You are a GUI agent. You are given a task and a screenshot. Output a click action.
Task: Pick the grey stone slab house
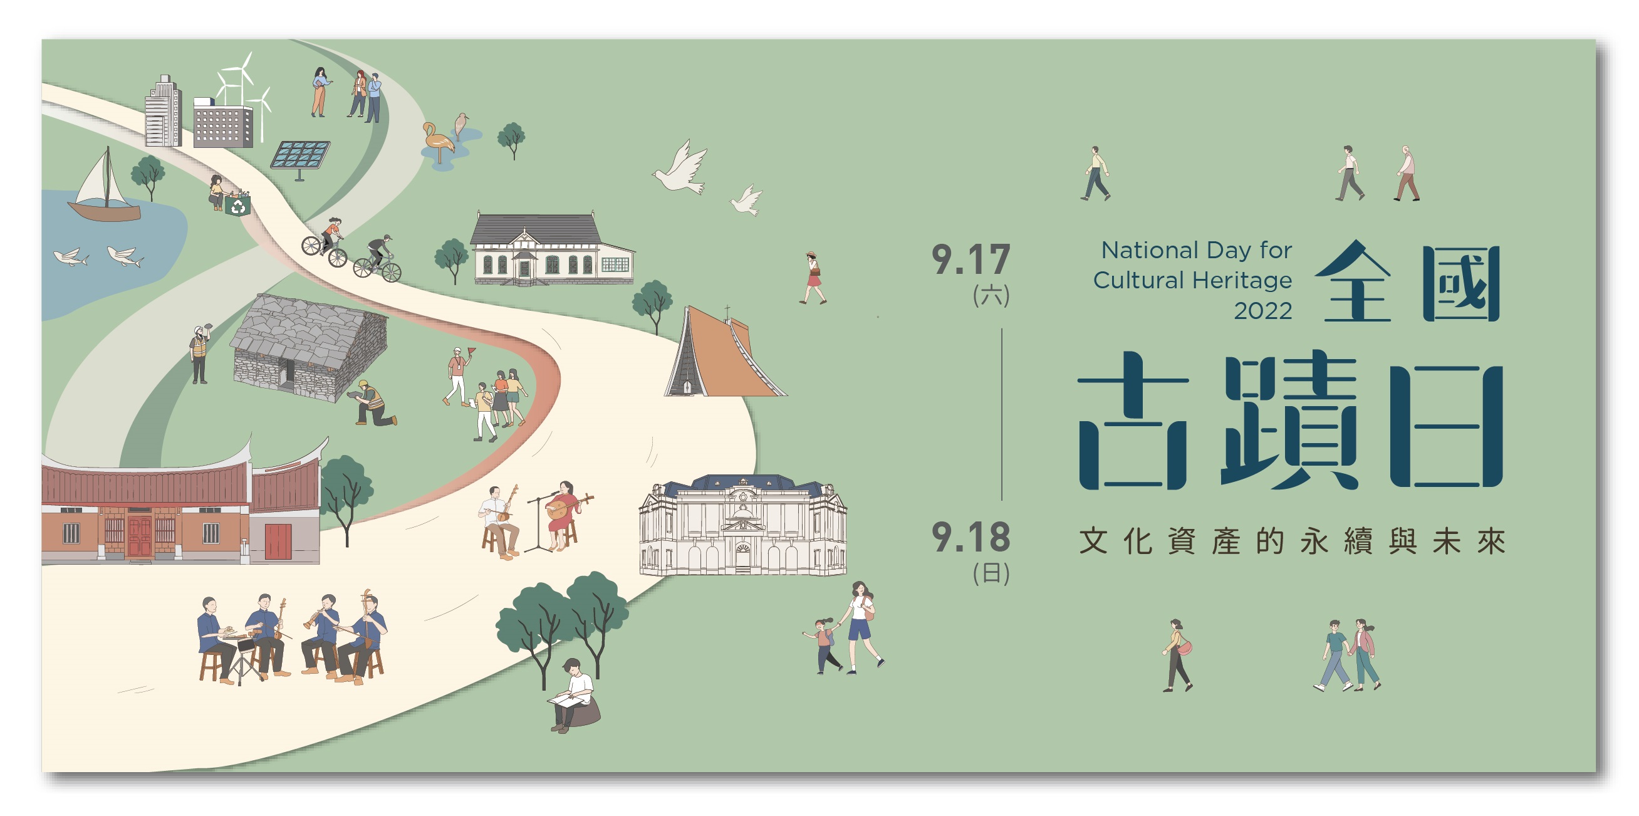(x=310, y=348)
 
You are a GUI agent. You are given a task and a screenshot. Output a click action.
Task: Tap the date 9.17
(x=971, y=259)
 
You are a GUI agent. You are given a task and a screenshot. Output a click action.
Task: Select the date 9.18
(x=971, y=537)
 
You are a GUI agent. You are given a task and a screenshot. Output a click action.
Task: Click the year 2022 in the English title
(x=1263, y=311)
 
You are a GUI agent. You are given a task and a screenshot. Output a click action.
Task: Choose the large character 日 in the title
(x=1446, y=426)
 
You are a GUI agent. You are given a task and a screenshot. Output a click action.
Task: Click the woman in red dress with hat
(x=813, y=278)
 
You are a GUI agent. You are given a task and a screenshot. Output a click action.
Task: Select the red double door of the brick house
(x=140, y=536)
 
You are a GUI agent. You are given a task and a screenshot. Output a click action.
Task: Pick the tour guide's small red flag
(x=472, y=351)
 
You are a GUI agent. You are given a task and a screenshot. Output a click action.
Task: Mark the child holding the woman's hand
(x=825, y=646)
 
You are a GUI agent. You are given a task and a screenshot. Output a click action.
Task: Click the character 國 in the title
(x=1462, y=284)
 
